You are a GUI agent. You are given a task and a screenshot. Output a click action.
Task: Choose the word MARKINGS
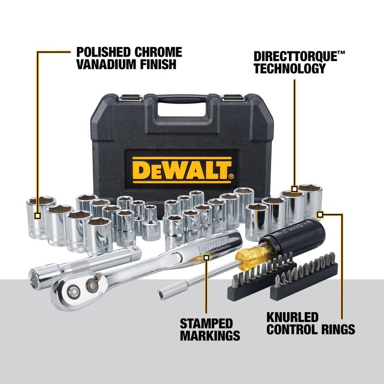[210, 335]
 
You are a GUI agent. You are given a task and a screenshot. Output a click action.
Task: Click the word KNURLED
[292, 317]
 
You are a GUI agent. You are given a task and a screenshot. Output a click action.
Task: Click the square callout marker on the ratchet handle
[207, 257]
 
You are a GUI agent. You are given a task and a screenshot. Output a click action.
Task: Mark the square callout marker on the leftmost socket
[37, 216]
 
